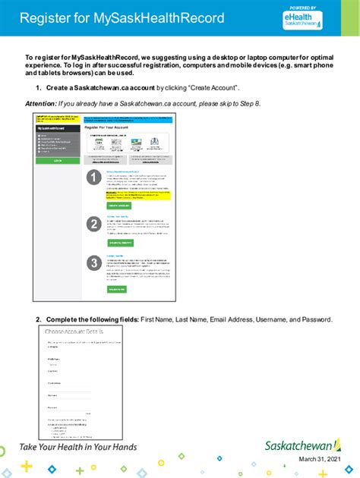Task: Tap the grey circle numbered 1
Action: (93, 178)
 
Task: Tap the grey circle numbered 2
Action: (93, 224)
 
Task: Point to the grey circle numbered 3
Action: (93, 264)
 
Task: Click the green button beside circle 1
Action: (118, 206)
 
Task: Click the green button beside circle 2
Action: (119, 243)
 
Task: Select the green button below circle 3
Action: (117, 289)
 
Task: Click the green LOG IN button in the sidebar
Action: (58, 162)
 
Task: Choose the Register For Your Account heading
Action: (114, 129)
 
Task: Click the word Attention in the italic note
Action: (40, 102)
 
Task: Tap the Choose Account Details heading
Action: (74, 332)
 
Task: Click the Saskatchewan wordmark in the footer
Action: (303, 446)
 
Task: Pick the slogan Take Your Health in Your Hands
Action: (78, 447)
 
